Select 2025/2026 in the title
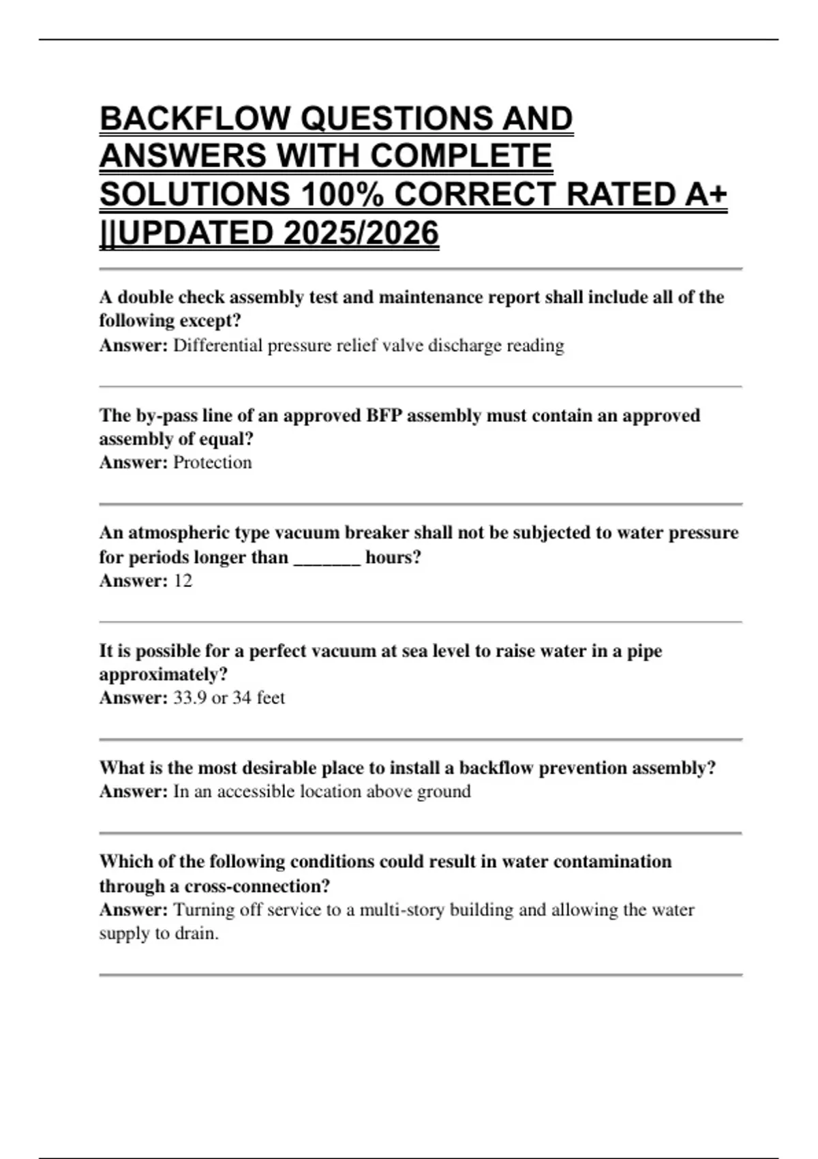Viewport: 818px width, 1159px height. coord(361,233)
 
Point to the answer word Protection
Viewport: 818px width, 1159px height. coord(212,462)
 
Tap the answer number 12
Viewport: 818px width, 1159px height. coord(183,581)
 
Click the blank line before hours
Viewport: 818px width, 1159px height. coord(327,558)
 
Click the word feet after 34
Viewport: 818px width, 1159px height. coord(271,697)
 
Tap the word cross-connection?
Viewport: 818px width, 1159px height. coord(257,886)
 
